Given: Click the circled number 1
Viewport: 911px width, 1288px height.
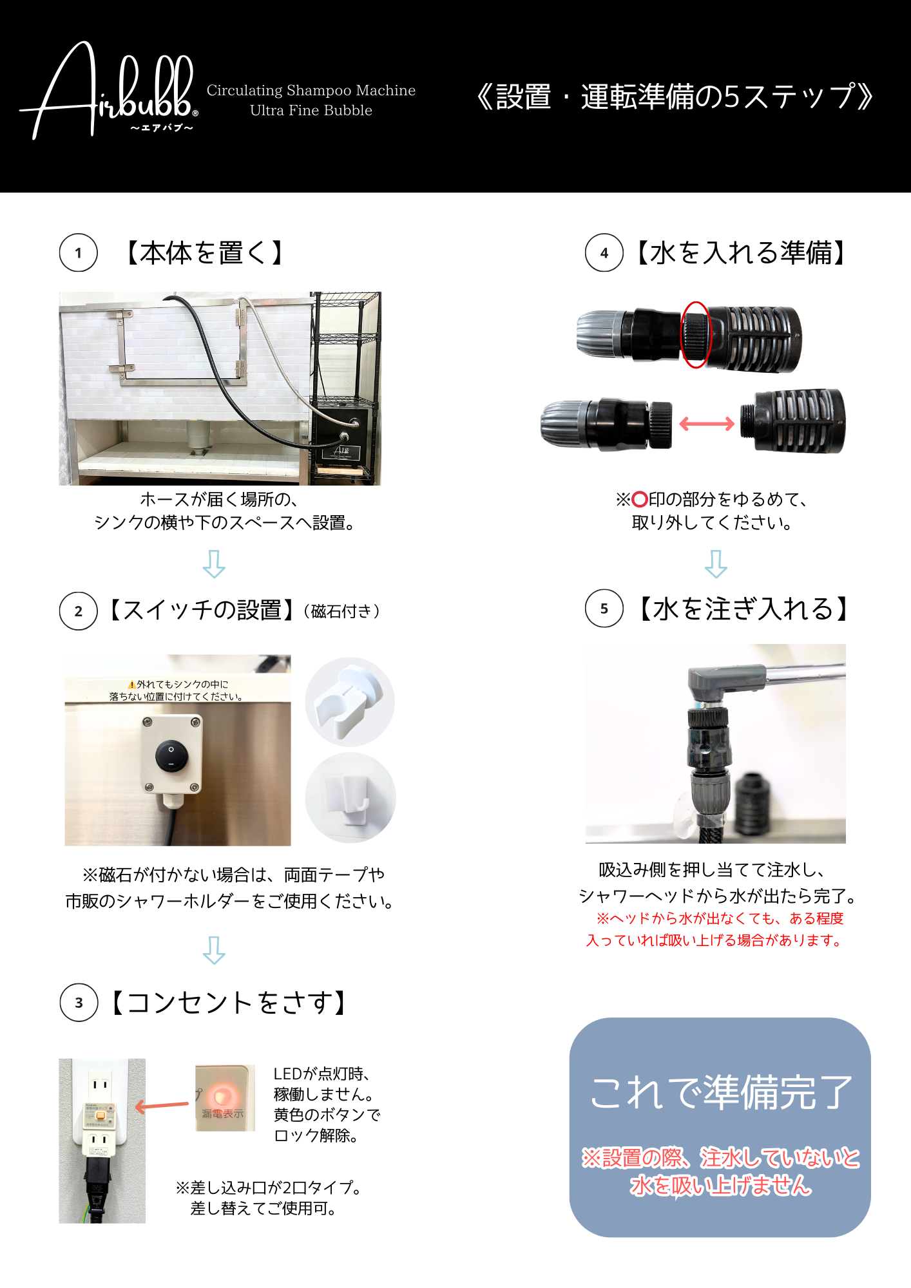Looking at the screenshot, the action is click(x=79, y=252).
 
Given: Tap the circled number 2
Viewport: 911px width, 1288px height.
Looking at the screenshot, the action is click(x=79, y=611).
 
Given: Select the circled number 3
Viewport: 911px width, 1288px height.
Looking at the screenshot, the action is click(x=79, y=1002).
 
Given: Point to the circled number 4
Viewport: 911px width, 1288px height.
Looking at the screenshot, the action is click(x=604, y=252).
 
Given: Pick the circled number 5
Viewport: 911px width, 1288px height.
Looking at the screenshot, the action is click(x=604, y=608).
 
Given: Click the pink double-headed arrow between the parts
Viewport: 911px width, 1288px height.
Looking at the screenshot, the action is click(x=707, y=423).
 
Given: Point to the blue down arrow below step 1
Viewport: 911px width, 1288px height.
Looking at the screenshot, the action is click(x=214, y=563).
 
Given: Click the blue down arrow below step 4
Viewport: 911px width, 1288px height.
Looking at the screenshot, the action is click(x=716, y=563).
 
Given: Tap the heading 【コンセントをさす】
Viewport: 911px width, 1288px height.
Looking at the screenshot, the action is click(x=229, y=1002).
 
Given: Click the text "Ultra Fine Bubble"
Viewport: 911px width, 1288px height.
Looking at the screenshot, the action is click(x=311, y=110).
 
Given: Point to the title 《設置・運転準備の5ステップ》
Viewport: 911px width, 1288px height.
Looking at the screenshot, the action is click(x=675, y=97).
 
